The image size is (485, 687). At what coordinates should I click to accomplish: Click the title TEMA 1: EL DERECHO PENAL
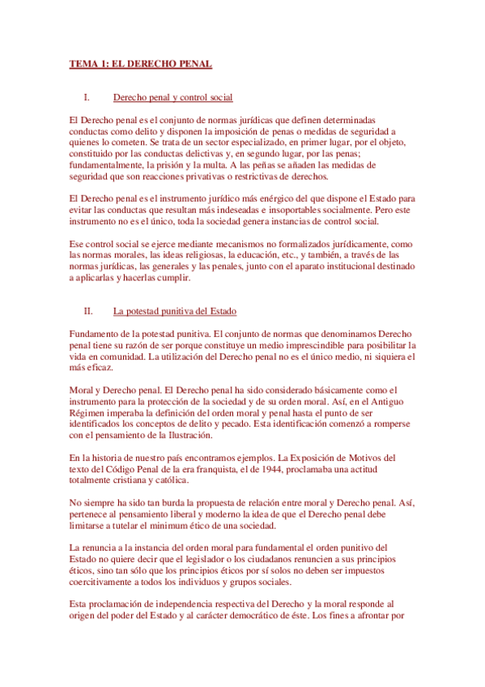[141, 64]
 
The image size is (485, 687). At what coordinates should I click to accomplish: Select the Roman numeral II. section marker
[89, 310]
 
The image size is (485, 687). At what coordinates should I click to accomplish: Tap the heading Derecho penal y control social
[173, 98]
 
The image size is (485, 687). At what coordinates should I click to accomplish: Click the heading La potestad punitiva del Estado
[175, 310]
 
